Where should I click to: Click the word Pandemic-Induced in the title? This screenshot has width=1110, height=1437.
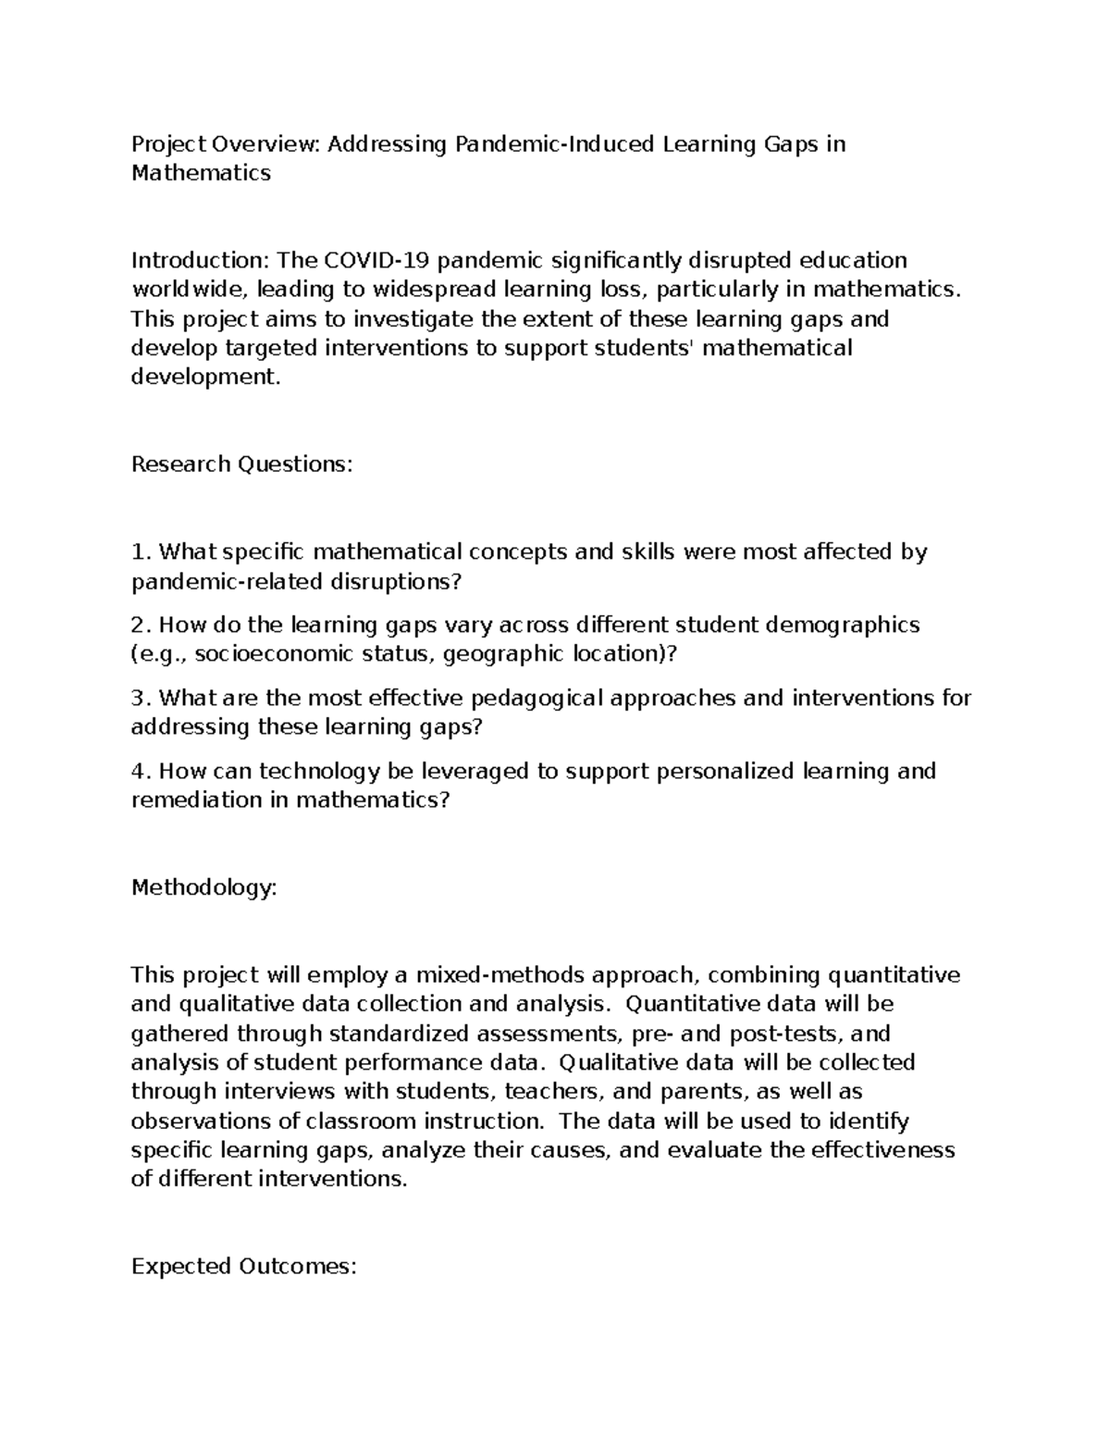pos(553,144)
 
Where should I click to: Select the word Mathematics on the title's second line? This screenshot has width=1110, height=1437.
pos(201,173)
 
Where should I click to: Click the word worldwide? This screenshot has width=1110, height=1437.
pos(189,290)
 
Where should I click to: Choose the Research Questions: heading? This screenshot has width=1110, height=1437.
pos(242,465)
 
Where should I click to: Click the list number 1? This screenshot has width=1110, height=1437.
pos(140,552)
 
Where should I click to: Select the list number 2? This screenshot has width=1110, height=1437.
pos(140,626)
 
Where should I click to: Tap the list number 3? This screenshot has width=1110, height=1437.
pos(140,698)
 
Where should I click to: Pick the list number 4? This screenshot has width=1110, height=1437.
pos(140,771)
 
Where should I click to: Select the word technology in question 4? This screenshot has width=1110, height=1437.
pos(313,771)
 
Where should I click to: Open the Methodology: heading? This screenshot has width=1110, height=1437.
pos(204,888)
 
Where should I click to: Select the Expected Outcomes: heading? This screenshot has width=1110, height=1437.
pos(243,1267)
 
